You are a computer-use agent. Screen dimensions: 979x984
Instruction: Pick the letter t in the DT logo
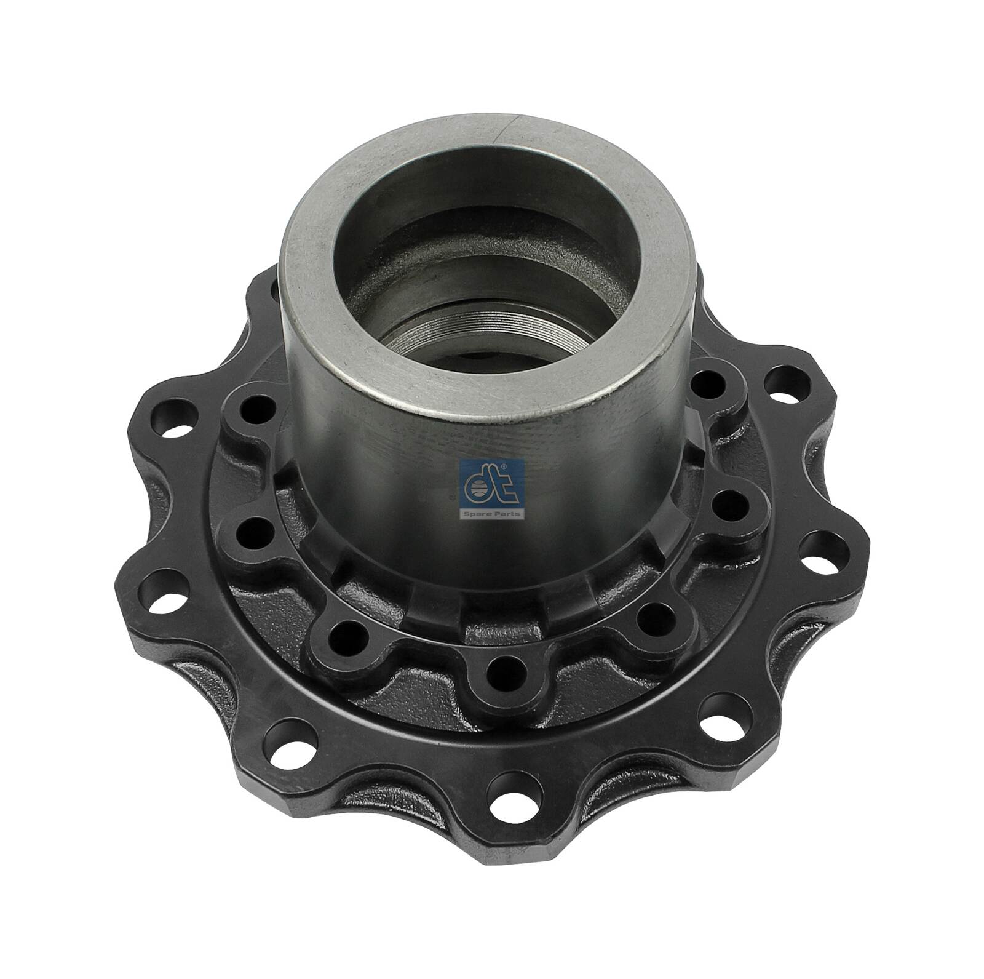501,486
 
